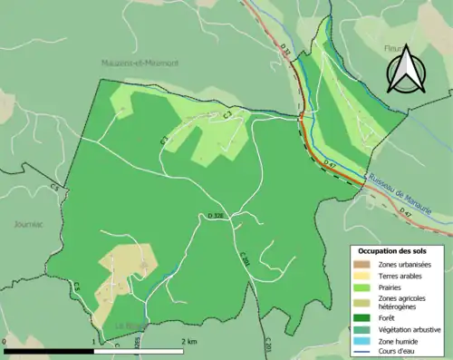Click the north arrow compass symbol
click(x=404, y=71)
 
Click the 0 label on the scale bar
click(x=6, y=341)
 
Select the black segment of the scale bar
click(x=50, y=350)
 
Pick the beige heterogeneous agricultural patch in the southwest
click(x=122, y=268)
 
